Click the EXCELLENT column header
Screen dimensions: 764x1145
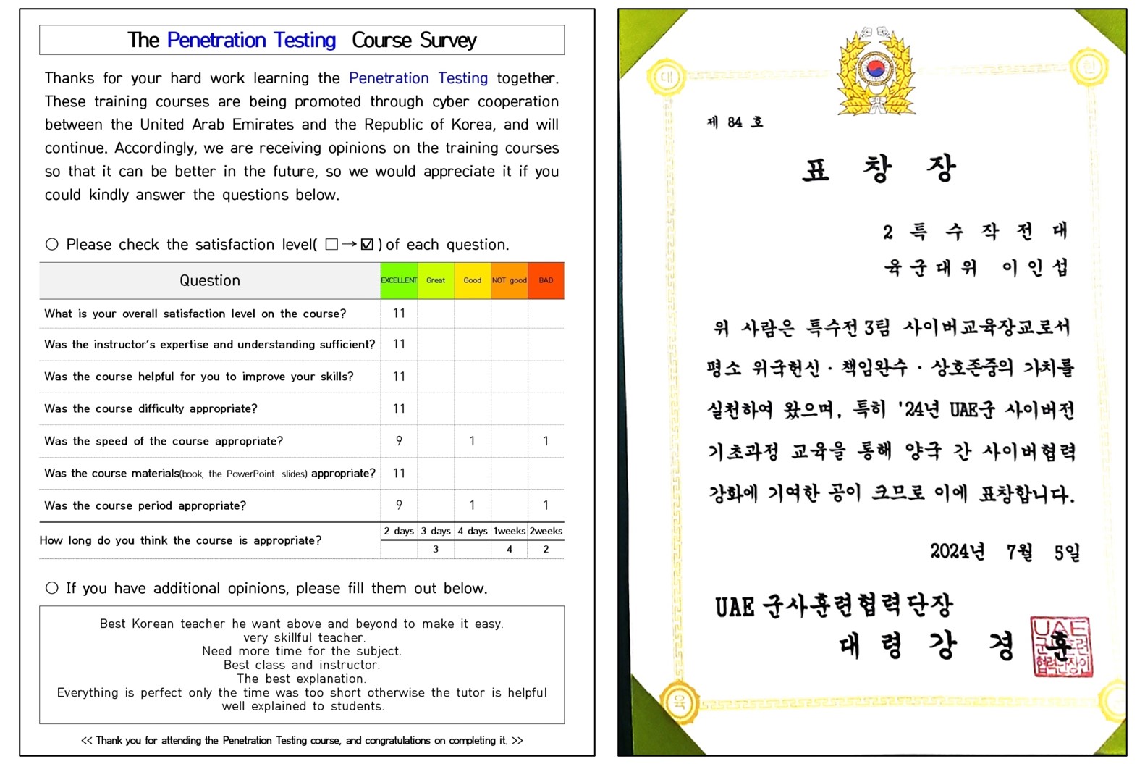[399, 280]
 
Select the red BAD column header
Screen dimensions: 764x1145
[546, 280]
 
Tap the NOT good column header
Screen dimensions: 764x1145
[509, 280]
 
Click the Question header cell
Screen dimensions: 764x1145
[210, 280]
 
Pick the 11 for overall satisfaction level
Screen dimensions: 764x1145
[399, 314]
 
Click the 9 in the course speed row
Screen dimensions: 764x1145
[399, 441]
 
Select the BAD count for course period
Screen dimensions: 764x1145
[546, 505]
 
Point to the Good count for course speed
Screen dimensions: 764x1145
[472, 441]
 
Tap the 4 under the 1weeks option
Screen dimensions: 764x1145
[509, 550]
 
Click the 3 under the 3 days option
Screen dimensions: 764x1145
[436, 550]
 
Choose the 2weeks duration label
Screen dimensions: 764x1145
[546, 531]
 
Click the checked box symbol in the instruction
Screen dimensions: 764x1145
[367, 245]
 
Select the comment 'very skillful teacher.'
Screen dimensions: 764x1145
[303, 638]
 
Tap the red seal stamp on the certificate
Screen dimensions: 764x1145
[1061, 647]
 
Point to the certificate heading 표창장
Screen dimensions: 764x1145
[879, 169]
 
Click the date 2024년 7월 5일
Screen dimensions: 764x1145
[1005, 553]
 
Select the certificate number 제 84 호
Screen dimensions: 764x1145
[735, 122]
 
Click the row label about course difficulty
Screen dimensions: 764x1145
[151, 409]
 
